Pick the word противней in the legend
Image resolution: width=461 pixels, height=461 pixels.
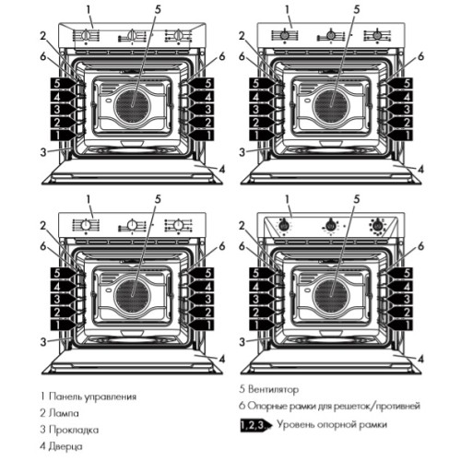393,406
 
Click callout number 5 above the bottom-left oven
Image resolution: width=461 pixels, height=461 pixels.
159,198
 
